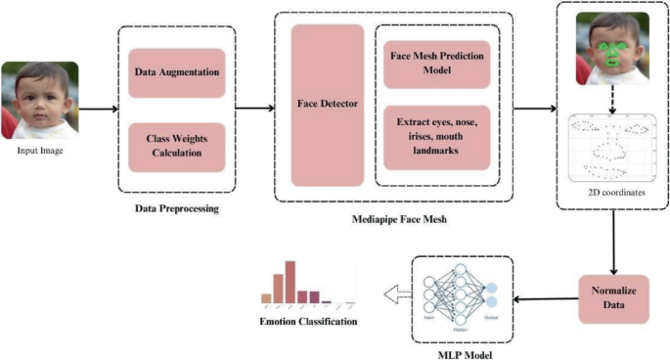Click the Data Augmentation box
pos(176,72)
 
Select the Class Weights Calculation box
pos(176,146)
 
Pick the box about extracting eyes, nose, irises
pos(435,136)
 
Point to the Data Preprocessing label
pos(177,207)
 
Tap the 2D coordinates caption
pos(613,192)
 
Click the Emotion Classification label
pos(308,322)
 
